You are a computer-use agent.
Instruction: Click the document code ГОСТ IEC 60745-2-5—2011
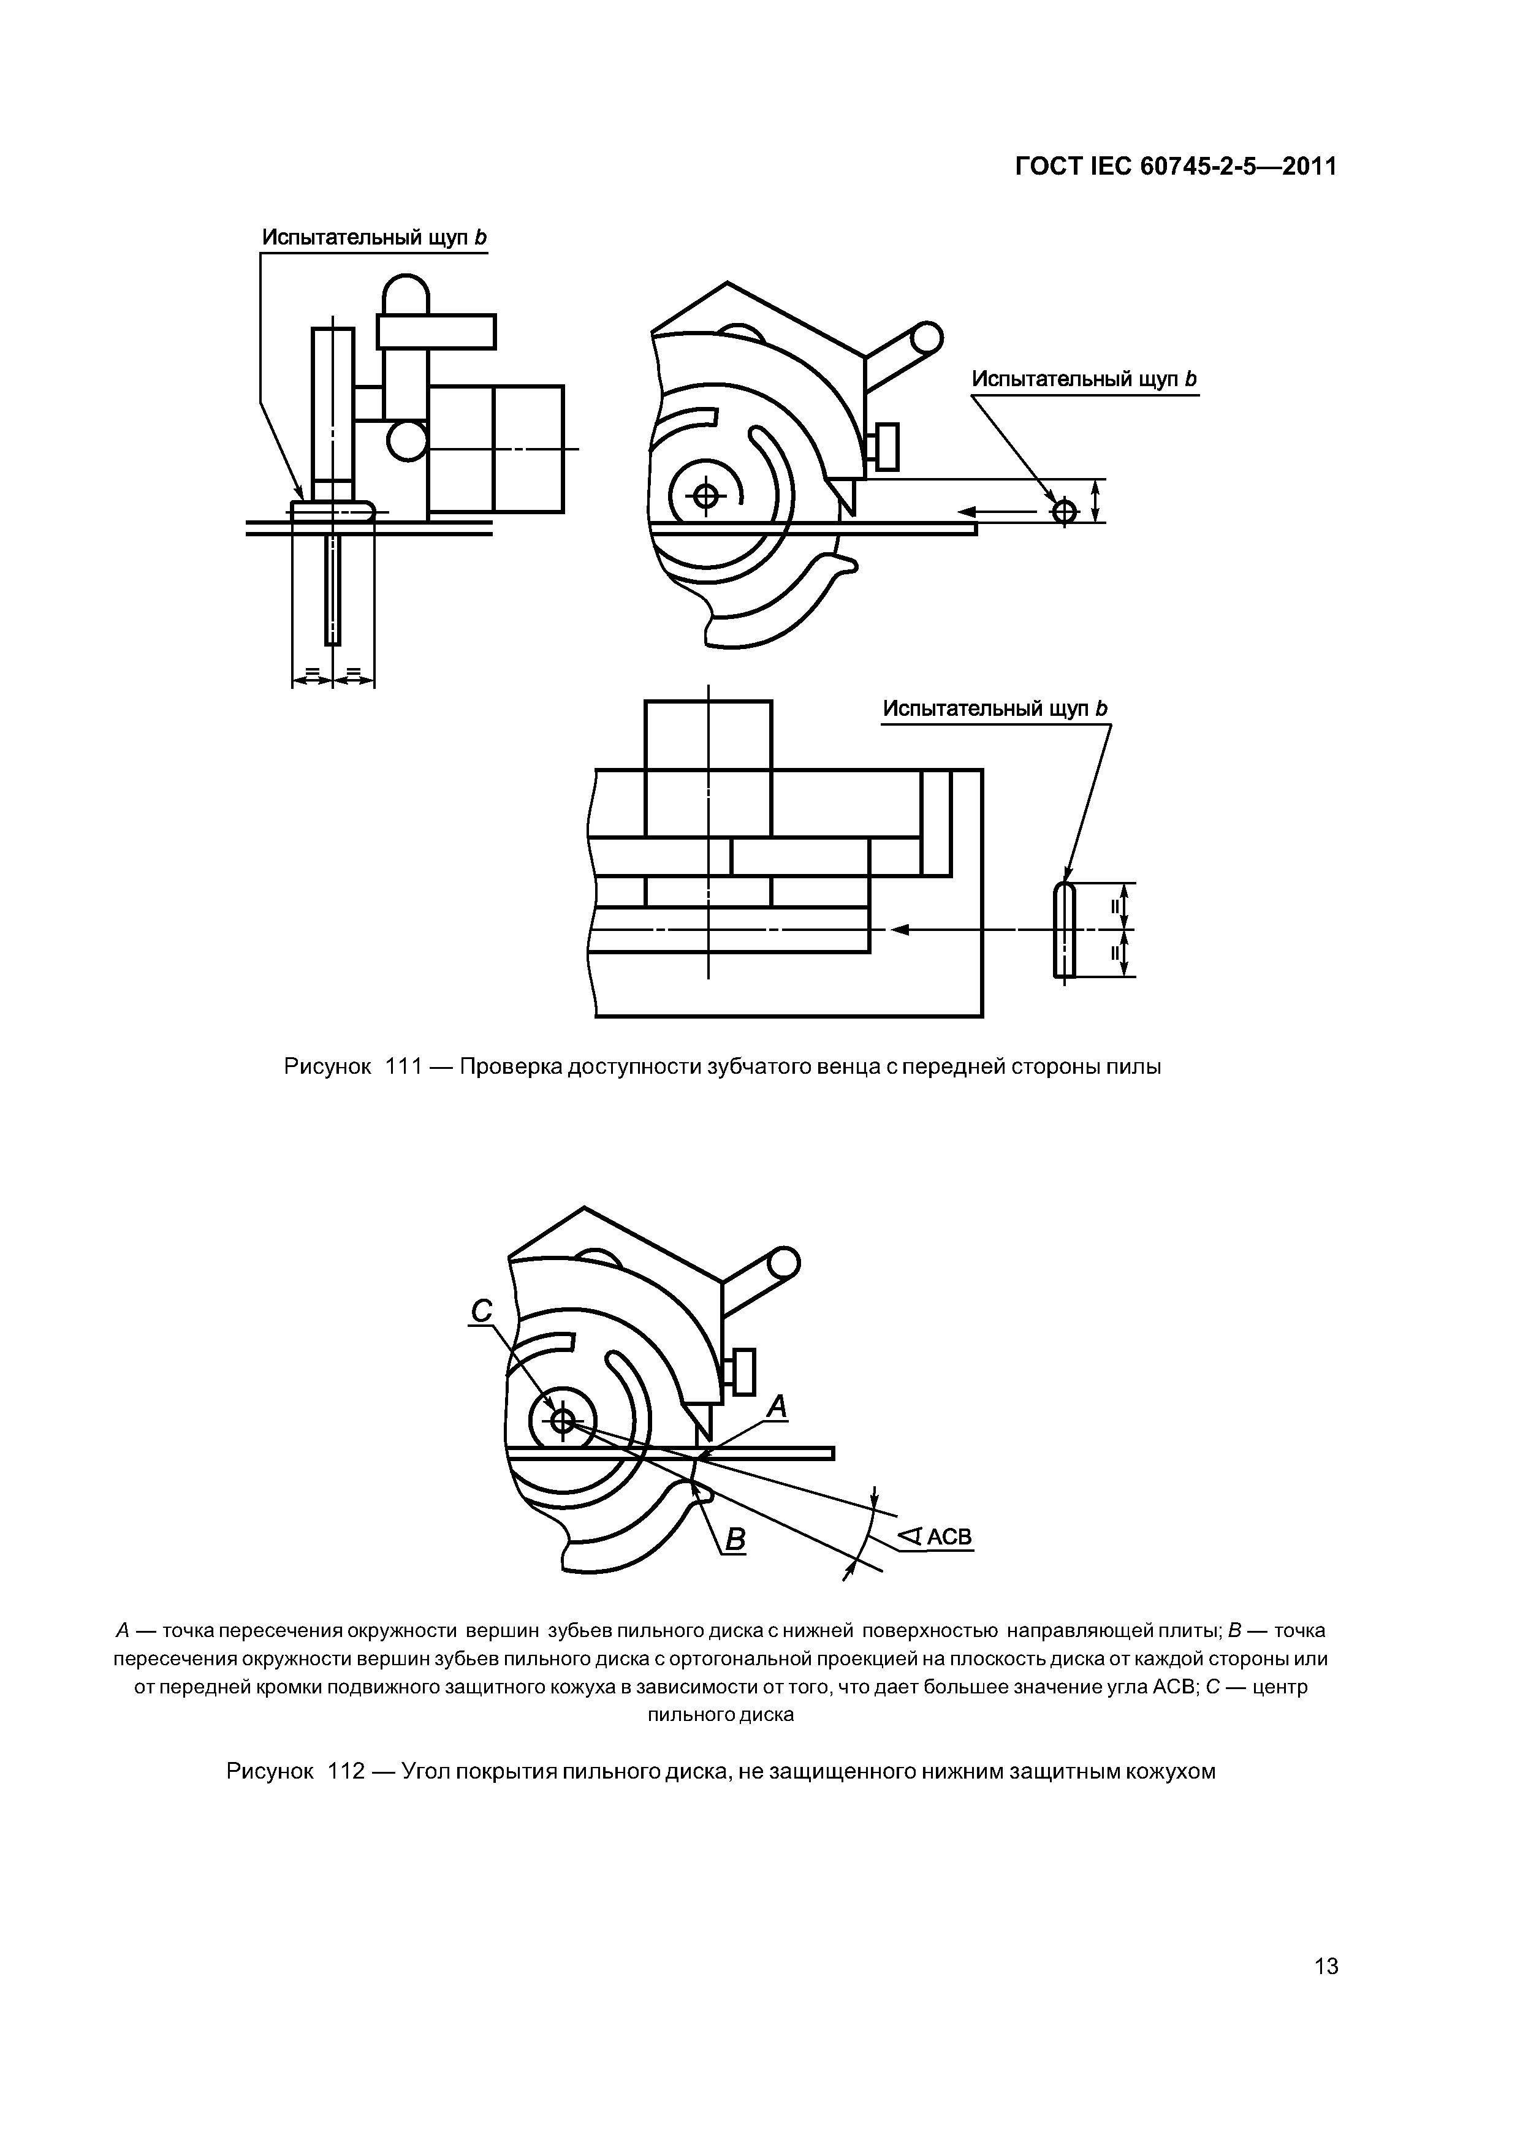(x=1176, y=167)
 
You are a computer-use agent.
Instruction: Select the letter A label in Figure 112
(x=777, y=1407)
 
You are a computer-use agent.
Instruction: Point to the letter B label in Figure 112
(x=735, y=1538)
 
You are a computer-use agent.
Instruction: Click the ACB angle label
(x=936, y=1537)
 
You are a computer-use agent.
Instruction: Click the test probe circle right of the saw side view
(x=1065, y=511)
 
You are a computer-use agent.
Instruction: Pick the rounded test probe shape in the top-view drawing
(x=1065, y=930)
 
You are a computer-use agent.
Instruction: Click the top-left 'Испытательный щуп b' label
(x=374, y=238)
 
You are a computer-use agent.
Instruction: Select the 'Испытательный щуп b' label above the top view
(x=995, y=709)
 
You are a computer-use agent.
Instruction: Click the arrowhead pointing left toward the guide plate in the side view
(x=967, y=511)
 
